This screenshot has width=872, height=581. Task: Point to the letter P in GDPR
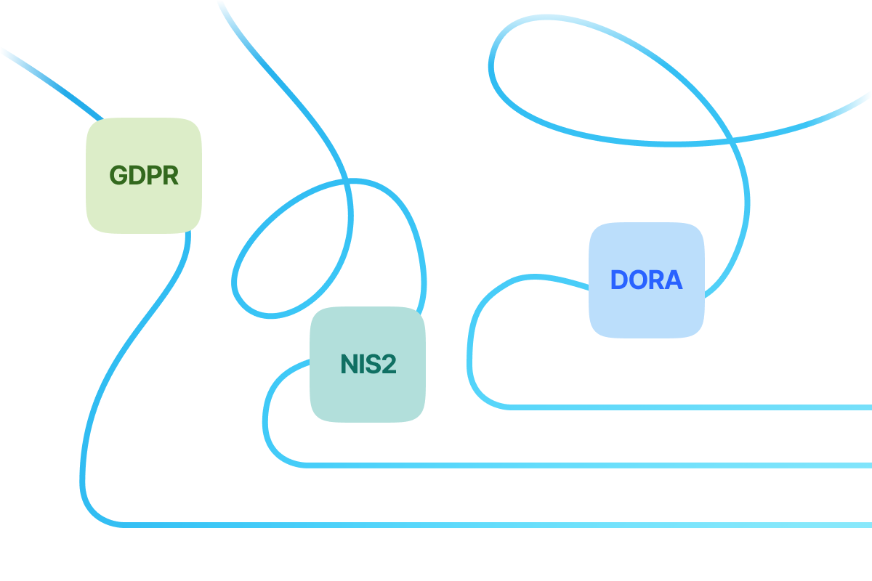[153, 176]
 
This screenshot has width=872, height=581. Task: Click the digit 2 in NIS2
[388, 364]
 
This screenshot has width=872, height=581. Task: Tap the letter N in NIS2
[349, 364]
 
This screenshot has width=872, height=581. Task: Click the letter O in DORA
[637, 280]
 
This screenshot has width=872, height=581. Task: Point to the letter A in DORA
[674, 280]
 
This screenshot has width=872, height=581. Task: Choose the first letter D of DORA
[619, 280]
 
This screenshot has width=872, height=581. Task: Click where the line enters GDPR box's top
[101, 119]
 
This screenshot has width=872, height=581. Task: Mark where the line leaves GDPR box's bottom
[188, 232]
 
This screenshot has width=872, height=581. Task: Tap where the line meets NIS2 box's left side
[311, 360]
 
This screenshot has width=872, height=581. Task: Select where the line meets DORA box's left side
[589, 288]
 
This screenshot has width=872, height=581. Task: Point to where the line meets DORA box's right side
[704, 295]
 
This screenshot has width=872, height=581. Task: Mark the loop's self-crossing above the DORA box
[729, 139]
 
